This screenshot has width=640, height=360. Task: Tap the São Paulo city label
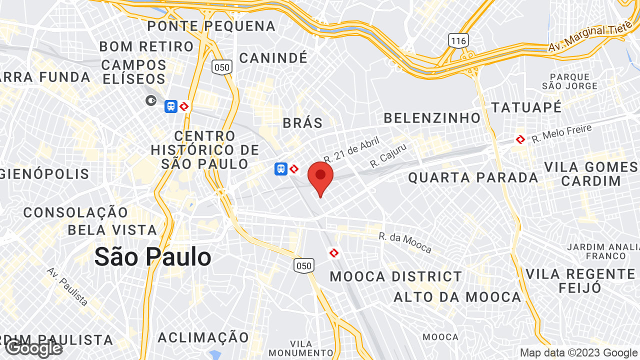pos(152,257)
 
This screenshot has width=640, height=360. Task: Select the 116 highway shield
pos(458,40)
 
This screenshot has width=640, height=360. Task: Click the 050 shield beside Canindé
pos(221,67)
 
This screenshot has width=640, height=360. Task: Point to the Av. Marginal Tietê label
pos(590,38)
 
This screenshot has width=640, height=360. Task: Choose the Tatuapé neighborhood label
pos(526,107)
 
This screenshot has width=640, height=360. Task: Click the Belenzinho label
pos(432,118)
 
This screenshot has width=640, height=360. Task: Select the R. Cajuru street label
pos(388,155)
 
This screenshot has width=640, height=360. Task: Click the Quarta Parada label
pos(473,177)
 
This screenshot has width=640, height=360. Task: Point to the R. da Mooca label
pos(405,242)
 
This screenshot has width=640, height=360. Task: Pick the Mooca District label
pos(396,276)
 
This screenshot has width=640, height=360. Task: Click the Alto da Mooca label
pos(457,297)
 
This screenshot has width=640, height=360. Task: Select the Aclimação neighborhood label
pos(203,337)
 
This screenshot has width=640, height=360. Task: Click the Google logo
pos(34,348)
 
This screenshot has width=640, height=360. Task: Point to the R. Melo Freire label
pos(561,134)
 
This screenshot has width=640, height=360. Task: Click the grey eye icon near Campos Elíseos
pos(151,101)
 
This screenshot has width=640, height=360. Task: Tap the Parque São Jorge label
pos(570,81)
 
